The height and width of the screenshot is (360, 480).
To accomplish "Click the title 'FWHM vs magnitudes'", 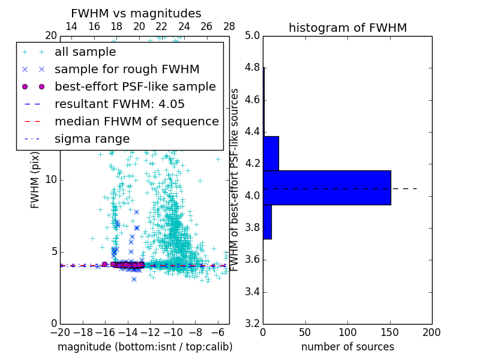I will point(136,13).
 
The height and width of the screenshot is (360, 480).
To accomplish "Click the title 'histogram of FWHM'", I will point(347,28).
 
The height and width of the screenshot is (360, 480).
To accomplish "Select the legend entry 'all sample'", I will point(85,52).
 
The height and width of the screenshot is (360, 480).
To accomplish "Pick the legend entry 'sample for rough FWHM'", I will point(127,70).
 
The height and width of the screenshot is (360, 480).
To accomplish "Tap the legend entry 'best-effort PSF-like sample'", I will point(135,87).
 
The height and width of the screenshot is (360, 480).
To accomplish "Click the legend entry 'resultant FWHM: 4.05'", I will point(119,104).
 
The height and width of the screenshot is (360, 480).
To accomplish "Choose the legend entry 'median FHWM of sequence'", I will point(136,122).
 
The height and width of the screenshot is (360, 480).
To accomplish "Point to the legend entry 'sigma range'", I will point(92,139).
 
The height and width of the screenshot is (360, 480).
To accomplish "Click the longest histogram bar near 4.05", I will point(327,187).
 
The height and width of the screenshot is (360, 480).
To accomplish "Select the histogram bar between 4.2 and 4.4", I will point(271,153).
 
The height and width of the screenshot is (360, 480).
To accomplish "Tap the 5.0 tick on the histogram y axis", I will point(252,35).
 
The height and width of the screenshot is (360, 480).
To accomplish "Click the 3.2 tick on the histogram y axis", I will point(252,323).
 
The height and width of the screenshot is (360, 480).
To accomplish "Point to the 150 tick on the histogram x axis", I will point(390,332).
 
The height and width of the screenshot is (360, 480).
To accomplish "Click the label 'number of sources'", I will point(347,347).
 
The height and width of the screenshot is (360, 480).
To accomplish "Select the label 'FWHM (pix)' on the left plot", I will point(35,179).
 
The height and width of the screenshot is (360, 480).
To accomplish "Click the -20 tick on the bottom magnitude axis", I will point(60,332).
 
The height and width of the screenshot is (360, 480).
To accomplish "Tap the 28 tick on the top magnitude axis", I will point(229,26).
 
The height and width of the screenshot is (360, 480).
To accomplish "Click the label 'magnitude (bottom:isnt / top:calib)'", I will point(145,347).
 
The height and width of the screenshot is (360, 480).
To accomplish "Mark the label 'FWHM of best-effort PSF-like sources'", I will point(235,179).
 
